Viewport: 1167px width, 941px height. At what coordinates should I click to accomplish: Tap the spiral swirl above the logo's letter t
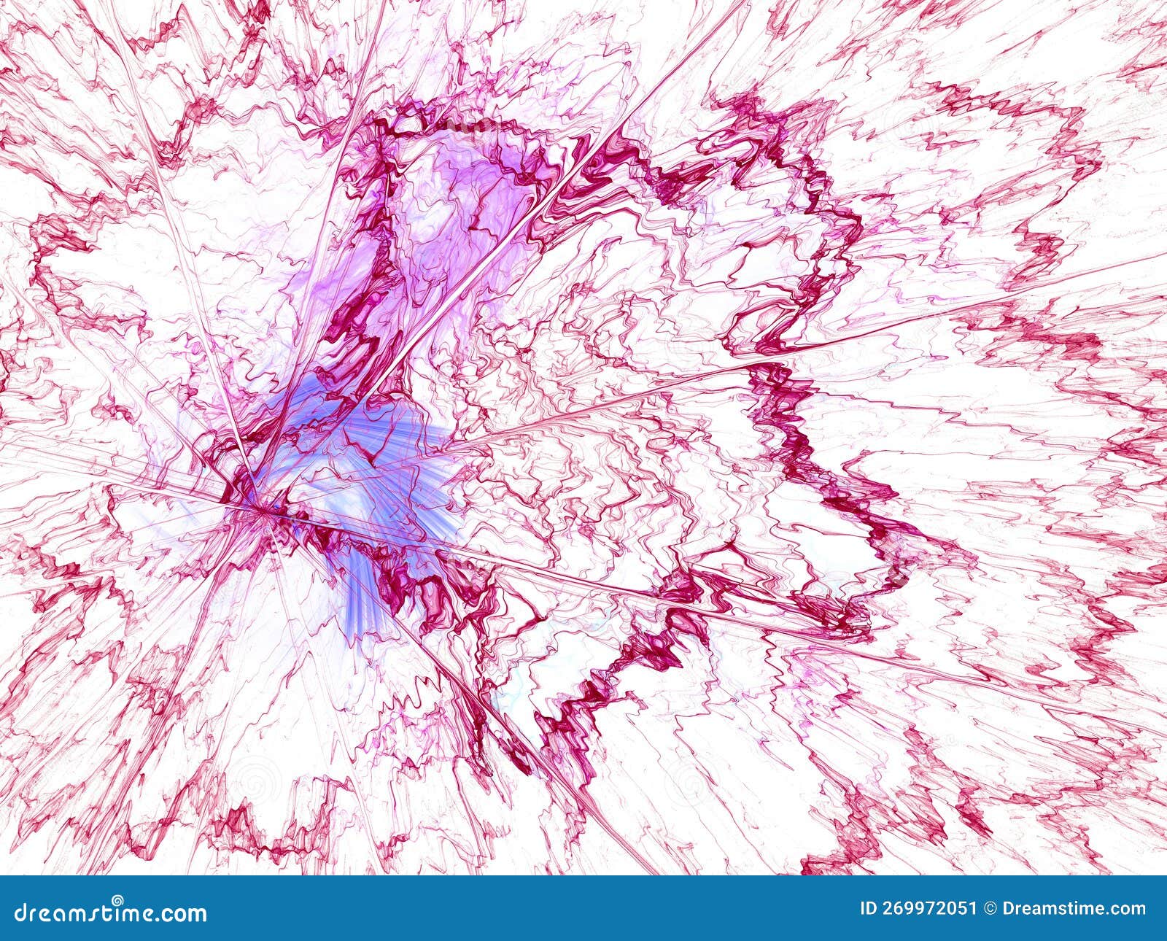click(x=117, y=900)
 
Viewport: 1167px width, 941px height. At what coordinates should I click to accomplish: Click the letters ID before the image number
click(x=869, y=909)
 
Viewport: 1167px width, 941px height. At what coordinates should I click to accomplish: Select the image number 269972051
click(x=928, y=909)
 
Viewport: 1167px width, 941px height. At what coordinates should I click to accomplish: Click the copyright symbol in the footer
click(x=990, y=909)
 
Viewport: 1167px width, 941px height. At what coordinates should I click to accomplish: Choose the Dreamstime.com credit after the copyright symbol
click(x=1074, y=909)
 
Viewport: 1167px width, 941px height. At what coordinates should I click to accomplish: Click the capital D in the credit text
click(x=1009, y=909)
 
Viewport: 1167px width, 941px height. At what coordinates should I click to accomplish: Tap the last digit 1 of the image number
click(x=972, y=909)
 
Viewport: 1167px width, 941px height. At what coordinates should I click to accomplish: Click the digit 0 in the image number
click(x=950, y=909)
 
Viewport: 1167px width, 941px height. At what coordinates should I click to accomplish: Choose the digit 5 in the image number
click(x=961, y=909)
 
